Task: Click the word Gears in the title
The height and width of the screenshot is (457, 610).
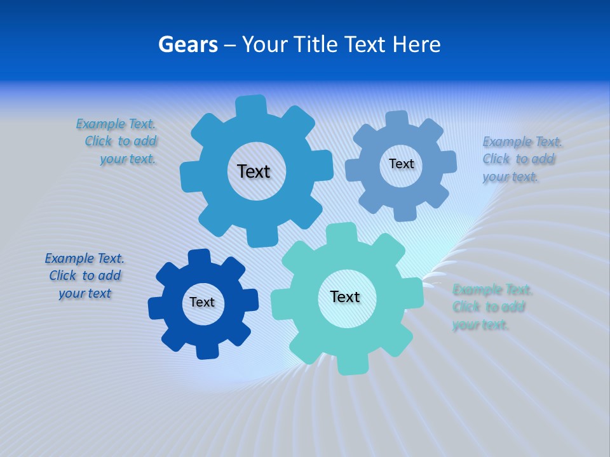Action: click(188, 44)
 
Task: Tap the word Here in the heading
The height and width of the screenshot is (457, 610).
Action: click(416, 44)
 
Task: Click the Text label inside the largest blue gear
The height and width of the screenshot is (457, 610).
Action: click(254, 171)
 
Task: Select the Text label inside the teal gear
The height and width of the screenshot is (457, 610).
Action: click(345, 296)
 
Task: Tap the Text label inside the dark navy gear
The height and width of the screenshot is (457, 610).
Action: click(202, 302)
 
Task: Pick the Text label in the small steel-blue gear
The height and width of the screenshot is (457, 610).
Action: click(401, 164)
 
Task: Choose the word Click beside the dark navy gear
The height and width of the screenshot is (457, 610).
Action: click(63, 275)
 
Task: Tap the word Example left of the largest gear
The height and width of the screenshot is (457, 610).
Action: click(101, 124)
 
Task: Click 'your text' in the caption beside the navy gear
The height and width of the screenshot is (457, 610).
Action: click(85, 293)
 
